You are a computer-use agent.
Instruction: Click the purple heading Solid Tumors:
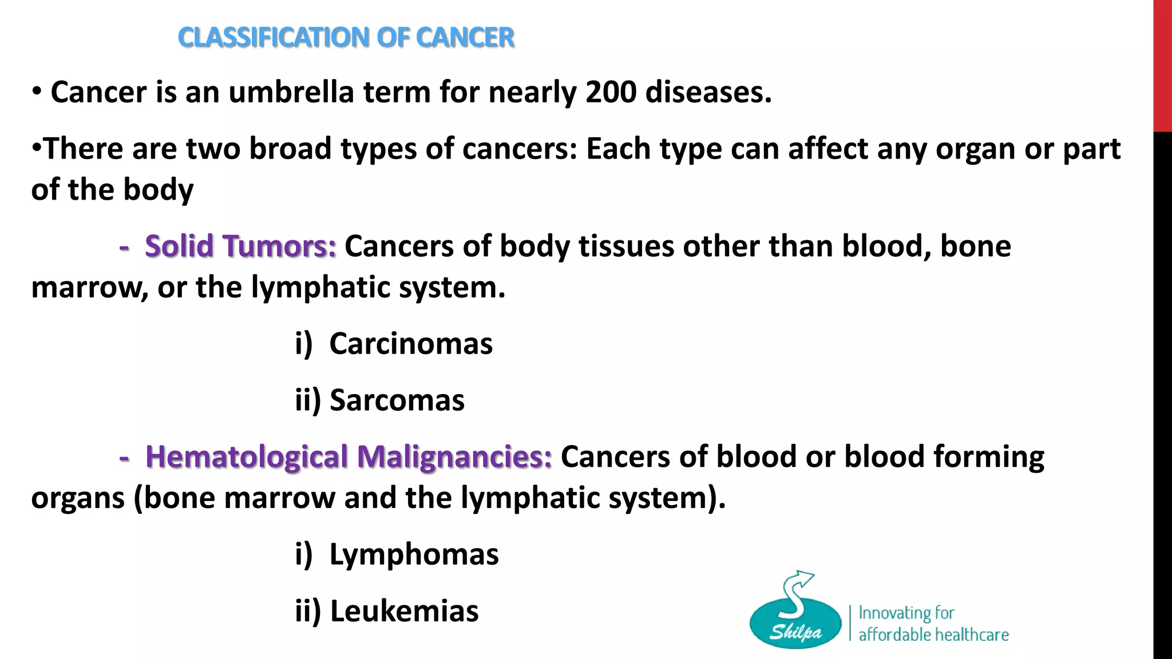click(240, 247)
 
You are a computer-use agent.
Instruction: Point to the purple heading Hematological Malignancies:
click(349, 457)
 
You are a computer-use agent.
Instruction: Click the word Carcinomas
click(410, 344)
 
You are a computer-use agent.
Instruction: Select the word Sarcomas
click(397, 400)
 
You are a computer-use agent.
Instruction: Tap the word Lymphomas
click(414, 554)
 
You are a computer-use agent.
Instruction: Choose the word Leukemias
click(404, 611)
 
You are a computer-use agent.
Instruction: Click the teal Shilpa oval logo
click(795, 626)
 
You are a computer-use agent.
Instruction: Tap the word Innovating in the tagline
click(894, 613)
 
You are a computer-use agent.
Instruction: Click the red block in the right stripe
click(1162, 66)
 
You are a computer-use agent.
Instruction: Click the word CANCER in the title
click(465, 38)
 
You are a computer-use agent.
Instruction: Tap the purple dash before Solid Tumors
click(124, 247)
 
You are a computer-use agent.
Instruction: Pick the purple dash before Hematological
click(124, 458)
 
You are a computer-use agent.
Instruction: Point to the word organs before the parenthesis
click(78, 498)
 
